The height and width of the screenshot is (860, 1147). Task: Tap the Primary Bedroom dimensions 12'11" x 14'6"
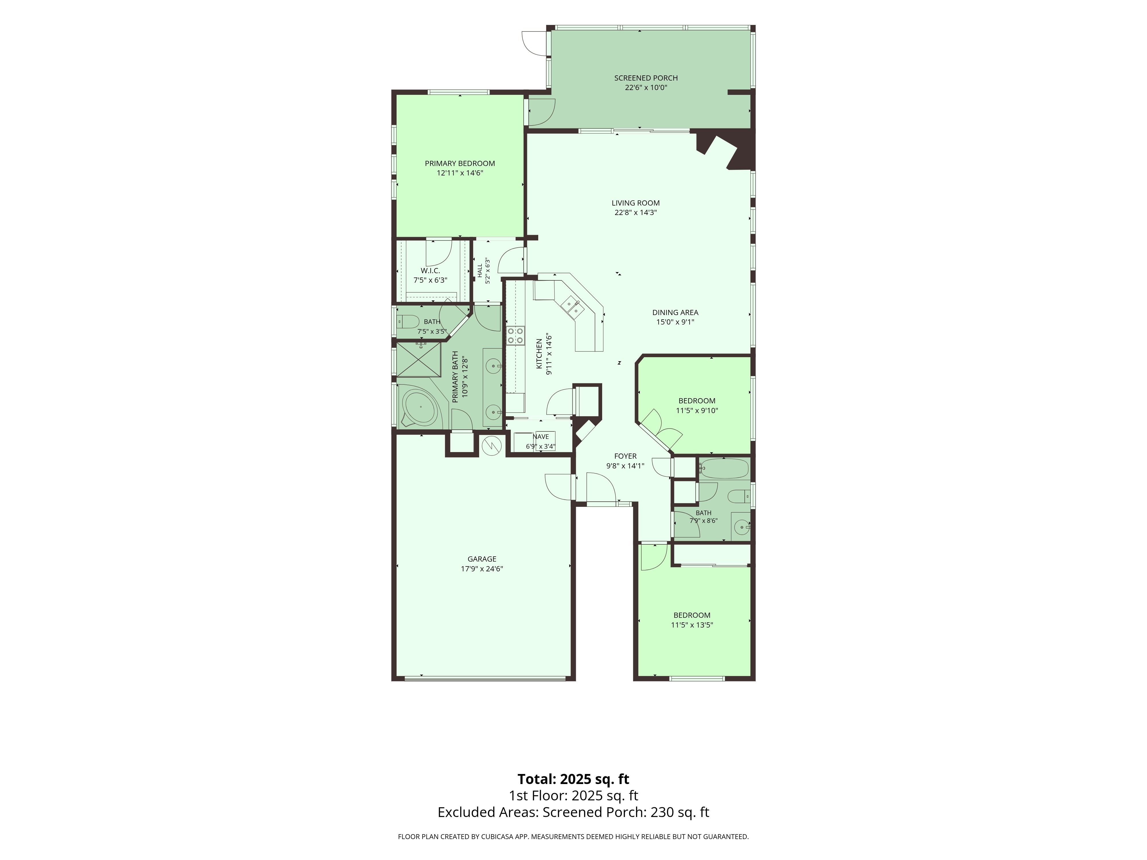pyautogui.click(x=460, y=173)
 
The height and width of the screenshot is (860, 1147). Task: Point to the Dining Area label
pyautogui.click(x=675, y=312)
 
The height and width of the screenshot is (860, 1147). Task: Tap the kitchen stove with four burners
pyautogui.click(x=515, y=335)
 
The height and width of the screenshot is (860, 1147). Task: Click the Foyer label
pyautogui.click(x=625, y=456)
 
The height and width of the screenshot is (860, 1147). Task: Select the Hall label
pyautogui.click(x=480, y=270)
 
